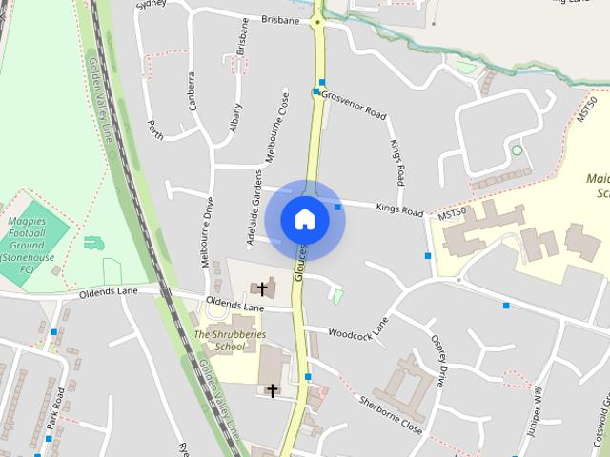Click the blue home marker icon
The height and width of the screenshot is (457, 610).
tap(304, 220)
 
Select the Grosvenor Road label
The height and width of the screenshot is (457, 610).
tap(354, 105)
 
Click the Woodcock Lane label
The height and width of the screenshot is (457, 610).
tap(359, 329)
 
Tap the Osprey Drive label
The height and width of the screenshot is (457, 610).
tap(438, 360)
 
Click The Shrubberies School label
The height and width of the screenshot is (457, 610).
tap(230, 341)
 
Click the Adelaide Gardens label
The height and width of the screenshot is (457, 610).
tap(254, 208)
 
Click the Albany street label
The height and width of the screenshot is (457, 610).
tap(235, 119)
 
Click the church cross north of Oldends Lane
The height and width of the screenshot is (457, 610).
tap(262, 287)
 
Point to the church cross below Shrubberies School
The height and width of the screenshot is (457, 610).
tap(272, 390)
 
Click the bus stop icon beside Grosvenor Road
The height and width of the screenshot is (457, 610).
tap(316, 92)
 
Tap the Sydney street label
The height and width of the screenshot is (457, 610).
tap(152, 5)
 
